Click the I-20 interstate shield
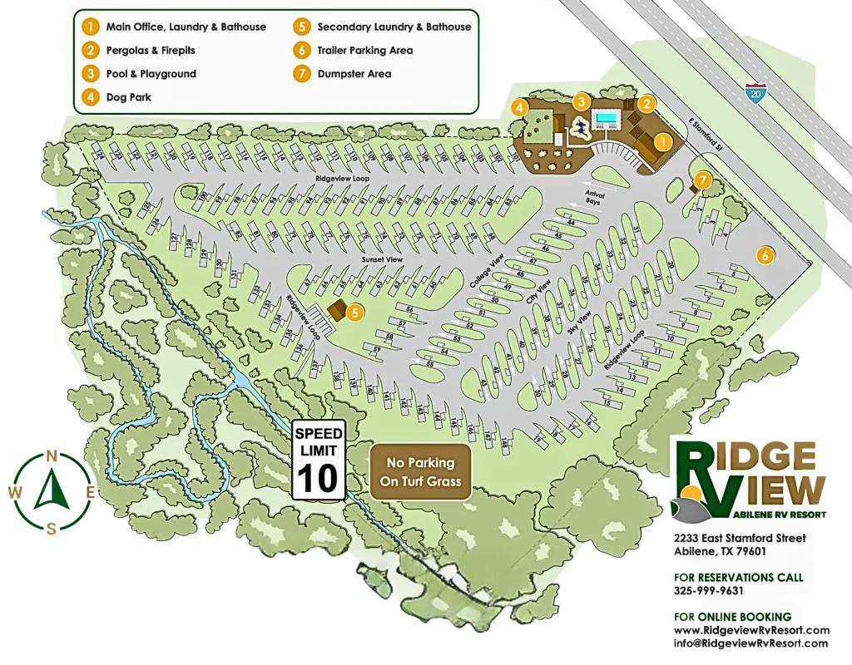point(755,92)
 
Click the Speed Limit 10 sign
point(318,461)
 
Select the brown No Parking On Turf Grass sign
point(420,471)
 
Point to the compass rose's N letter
point(52,456)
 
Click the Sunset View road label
point(382,260)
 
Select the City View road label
point(539,298)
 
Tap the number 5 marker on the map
point(355,313)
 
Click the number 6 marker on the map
point(764,255)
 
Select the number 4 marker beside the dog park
point(519,107)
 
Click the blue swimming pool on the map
point(607,120)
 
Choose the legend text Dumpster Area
point(354,74)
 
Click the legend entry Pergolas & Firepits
point(150,51)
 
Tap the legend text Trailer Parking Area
point(364,51)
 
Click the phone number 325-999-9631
point(709,591)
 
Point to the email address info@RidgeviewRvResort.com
point(750,643)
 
